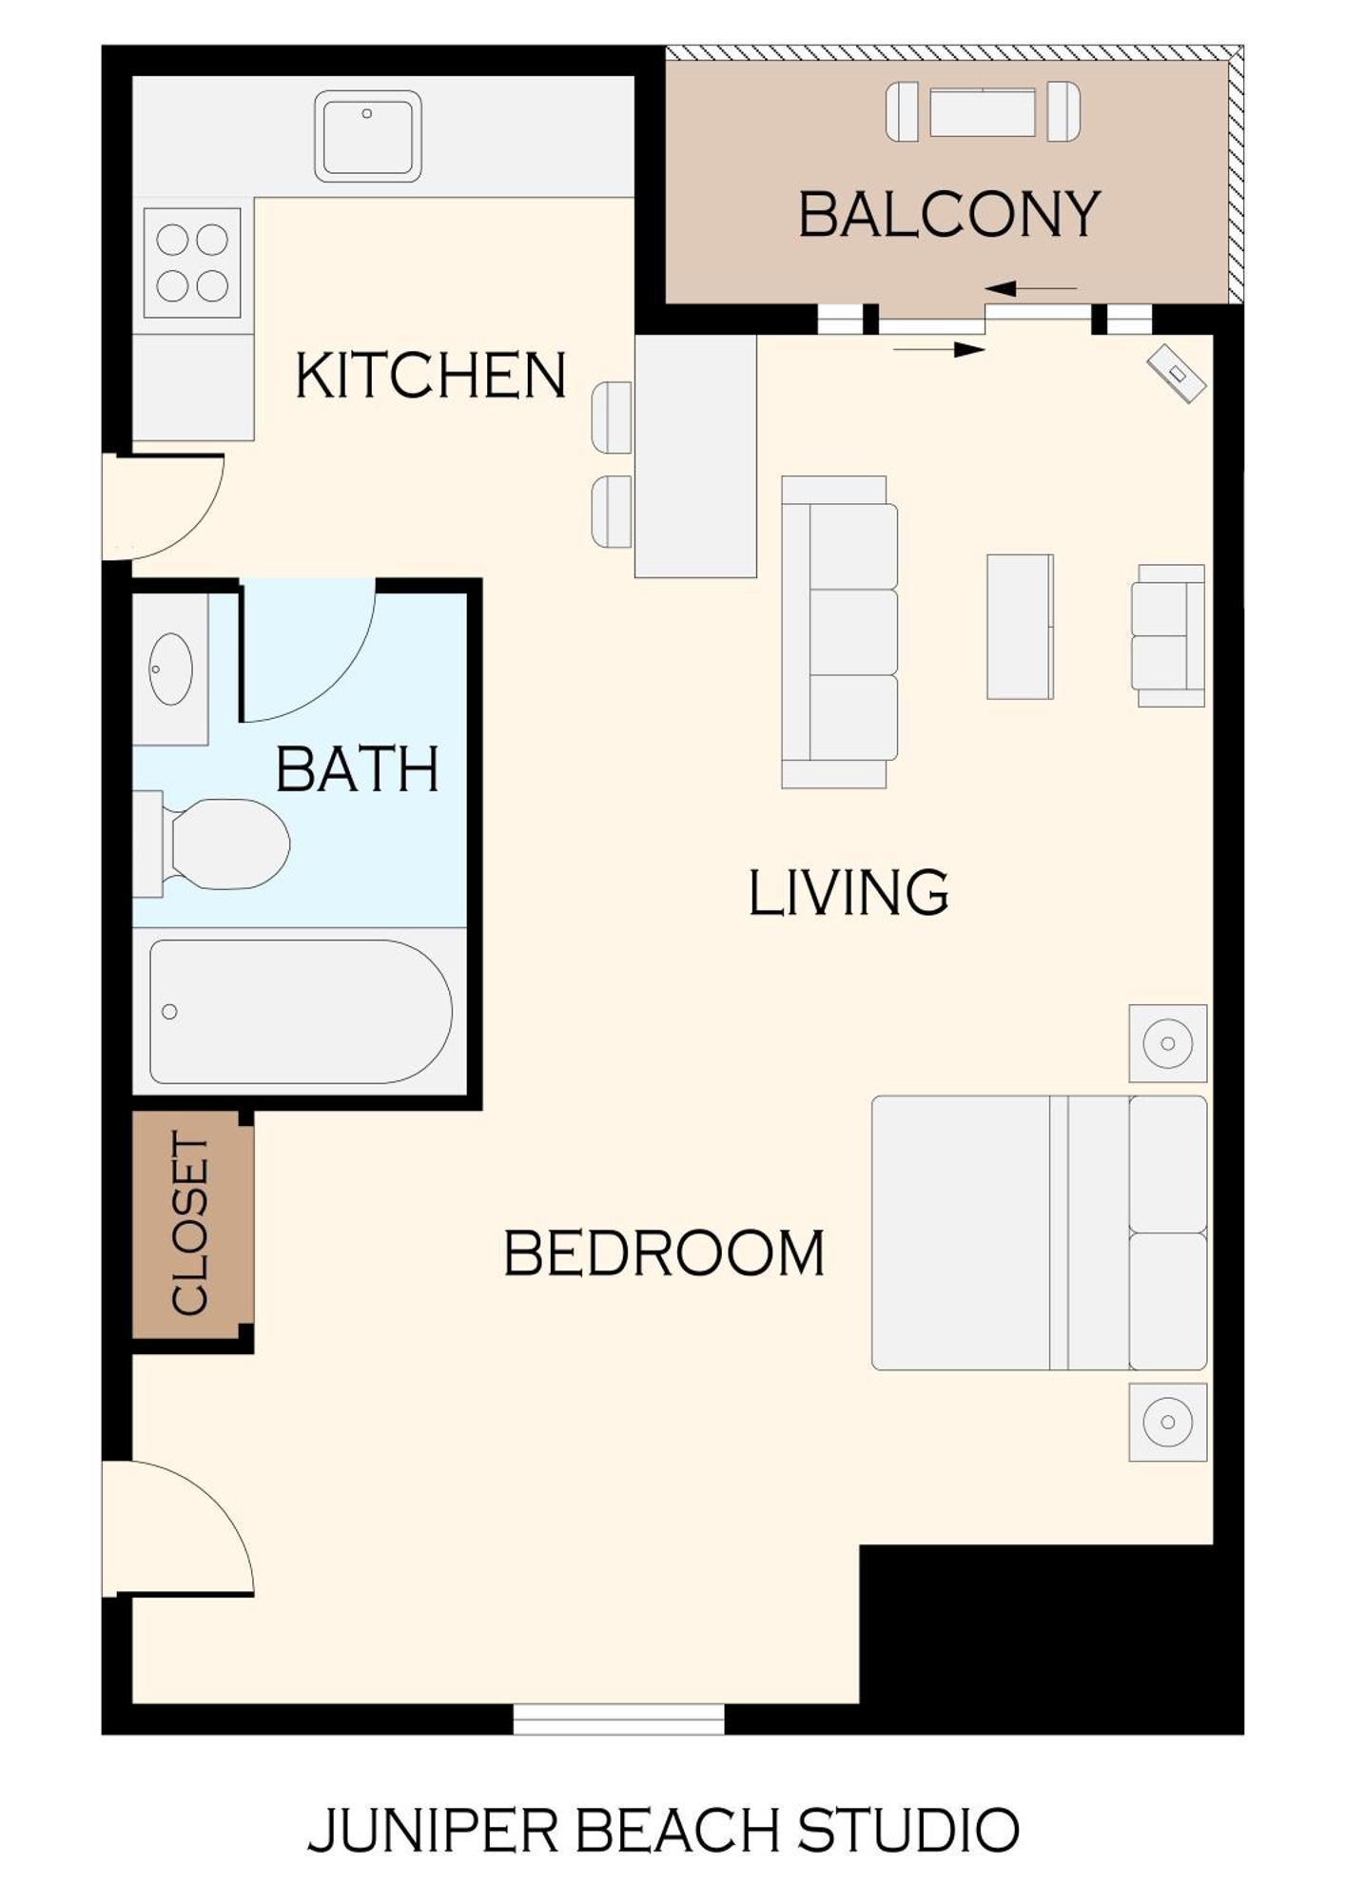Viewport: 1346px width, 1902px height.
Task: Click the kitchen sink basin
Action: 367,136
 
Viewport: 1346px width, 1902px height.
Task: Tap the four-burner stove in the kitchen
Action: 191,262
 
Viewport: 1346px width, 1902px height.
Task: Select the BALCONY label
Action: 948,215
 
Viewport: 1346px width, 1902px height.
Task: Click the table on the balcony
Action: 982,112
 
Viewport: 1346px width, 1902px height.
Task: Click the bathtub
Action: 300,1011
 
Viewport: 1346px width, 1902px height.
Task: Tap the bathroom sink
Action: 171,670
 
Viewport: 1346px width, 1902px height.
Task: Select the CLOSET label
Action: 189,1224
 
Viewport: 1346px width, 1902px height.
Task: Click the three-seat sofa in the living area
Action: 839,632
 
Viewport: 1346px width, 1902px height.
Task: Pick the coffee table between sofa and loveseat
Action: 1019,627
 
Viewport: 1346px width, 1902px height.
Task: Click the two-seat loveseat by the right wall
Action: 1167,635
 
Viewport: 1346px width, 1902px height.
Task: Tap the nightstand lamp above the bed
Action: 1167,1043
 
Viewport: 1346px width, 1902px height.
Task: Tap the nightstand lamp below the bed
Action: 1167,1423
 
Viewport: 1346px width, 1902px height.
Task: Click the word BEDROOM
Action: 663,1253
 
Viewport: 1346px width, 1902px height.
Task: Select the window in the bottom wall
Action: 618,1718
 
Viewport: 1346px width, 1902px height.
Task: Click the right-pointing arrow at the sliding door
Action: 939,350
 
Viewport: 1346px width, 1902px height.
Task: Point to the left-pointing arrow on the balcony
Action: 1030,288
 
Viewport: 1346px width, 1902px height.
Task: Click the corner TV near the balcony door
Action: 1176,373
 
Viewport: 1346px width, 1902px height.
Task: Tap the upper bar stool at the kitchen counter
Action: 612,417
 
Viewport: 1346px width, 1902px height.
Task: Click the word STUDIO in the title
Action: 908,1830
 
